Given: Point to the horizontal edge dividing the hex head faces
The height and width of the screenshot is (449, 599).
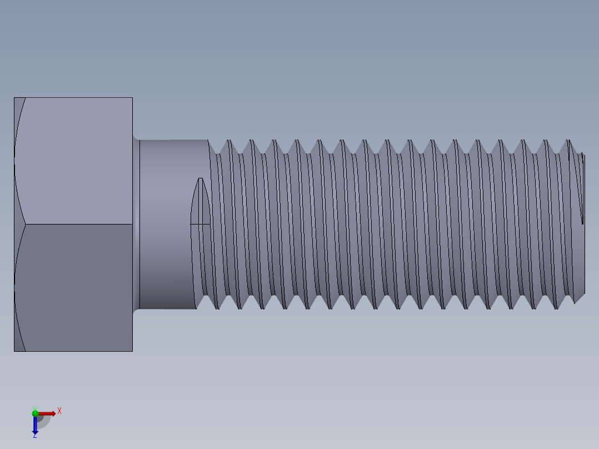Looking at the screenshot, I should tap(78, 225).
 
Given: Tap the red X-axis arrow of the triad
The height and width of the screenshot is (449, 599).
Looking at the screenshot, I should tap(47, 413).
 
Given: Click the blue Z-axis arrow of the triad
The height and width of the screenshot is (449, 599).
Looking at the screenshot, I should tap(35, 425).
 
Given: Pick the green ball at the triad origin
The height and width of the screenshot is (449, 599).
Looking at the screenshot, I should tap(35, 413).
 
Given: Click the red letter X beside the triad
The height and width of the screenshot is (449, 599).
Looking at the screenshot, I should tap(59, 411).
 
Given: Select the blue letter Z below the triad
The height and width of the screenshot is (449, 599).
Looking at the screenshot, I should tap(34, 436).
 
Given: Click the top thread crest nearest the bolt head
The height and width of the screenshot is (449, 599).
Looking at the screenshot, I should tap(228, 141).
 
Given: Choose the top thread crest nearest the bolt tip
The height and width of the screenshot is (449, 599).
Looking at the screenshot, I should tap(568, 141).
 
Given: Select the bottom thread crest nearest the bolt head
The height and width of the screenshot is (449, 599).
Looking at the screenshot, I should tap(217, 308).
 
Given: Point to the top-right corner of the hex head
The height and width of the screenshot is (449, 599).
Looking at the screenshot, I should tap(132, 98).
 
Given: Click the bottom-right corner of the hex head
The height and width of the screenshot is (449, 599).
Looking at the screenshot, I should tap(132, 351).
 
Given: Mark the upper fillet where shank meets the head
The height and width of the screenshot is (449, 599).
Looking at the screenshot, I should tap(136, 137).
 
